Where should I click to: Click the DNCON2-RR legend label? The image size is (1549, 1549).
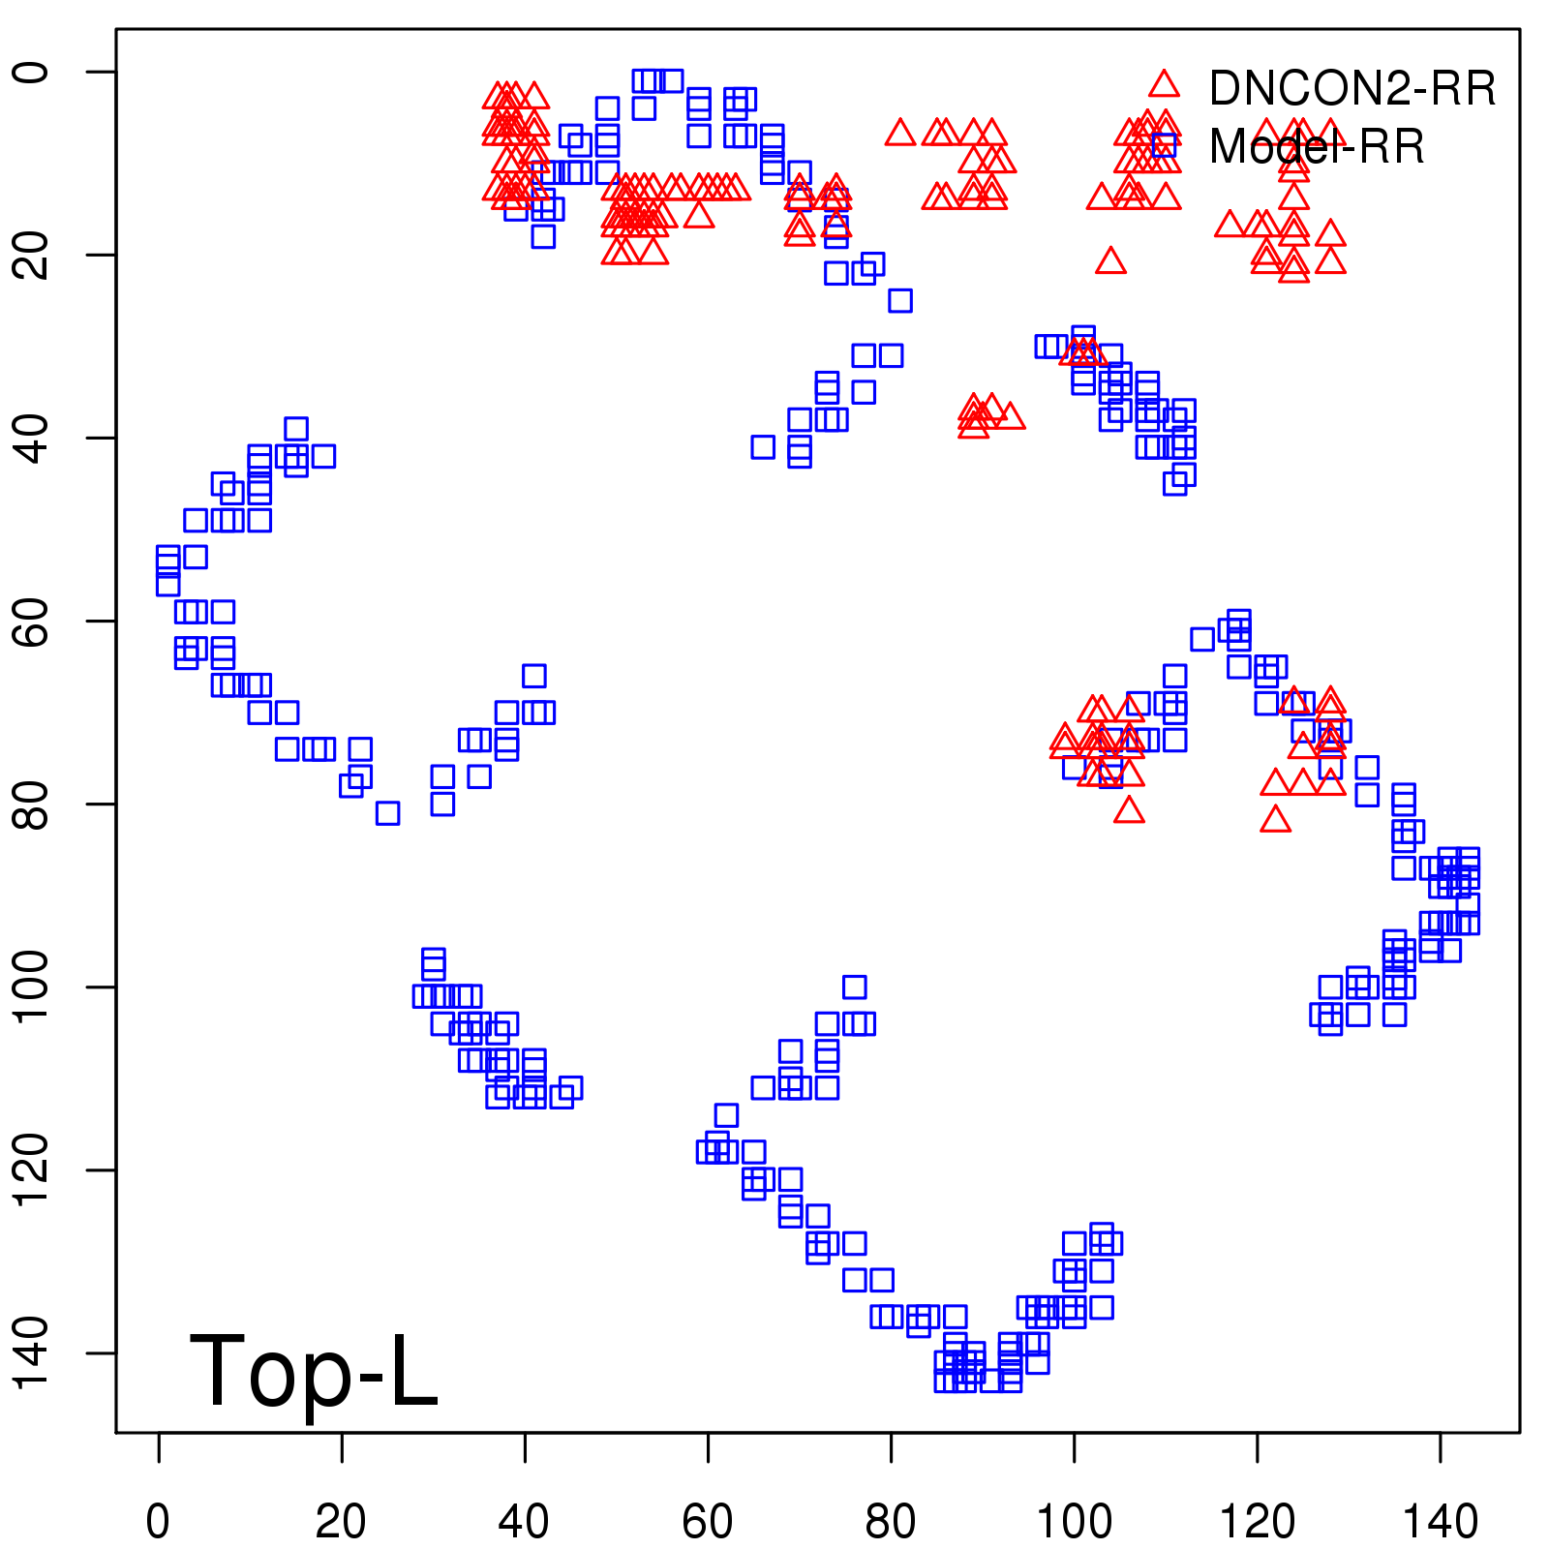pos(1352,88)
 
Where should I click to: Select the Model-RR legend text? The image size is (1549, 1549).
pos(1317,147)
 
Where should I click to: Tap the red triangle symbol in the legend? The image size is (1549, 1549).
pos(1164,84)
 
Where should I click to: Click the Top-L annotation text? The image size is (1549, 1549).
pos(314,1371)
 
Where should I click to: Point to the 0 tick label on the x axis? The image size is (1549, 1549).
pos(158,1521)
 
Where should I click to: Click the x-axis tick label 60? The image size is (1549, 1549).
pos(708,1521)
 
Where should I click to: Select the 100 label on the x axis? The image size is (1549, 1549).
pos(1074,1521)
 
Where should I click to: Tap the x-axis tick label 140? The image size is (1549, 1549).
pos(1440,1521)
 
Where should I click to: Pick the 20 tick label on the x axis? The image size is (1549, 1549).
pos(341,1521)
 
